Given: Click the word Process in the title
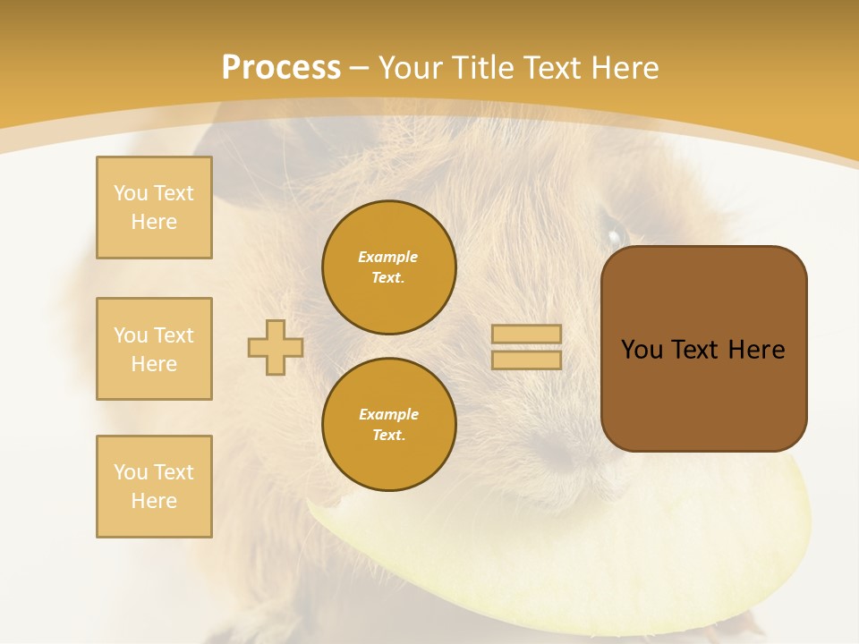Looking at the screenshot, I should click(x=281, y=67).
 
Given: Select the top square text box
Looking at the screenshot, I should click(x=154, y=208).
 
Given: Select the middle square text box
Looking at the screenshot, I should click(x=154, y=349).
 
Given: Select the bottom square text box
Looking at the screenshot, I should click(x=154, y=487).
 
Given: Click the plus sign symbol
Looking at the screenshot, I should click(x=276, y=347).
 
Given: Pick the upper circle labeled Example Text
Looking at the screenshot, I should click(x=389, y=267).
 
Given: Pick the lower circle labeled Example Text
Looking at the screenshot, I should click(x=389, y=425).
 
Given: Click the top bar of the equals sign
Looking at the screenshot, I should click(x=526, y=335).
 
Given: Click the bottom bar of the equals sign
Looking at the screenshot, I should click(x=526, y=360).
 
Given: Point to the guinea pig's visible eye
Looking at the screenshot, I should click(x=615, y=236).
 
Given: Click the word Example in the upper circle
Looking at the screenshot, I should click(x=388, y=257).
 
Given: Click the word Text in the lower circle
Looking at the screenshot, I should click(x=388, y=436).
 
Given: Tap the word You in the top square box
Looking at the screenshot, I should click(x=131, y=193).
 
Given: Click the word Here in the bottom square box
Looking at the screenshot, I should click(x=154, y=501).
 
